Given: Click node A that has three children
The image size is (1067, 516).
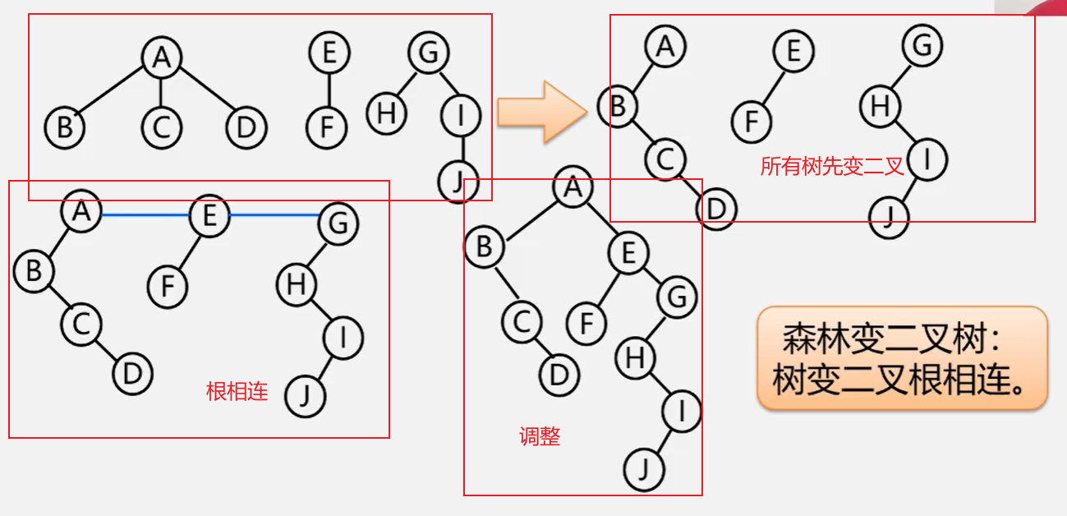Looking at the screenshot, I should pos(162,57).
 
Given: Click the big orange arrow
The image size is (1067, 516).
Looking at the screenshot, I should pos(542,111).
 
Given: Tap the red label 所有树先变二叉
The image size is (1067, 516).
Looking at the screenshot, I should pos(831,167).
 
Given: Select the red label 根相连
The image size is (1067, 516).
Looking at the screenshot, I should pos(237,391).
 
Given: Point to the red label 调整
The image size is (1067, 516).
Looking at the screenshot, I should pos(540,436).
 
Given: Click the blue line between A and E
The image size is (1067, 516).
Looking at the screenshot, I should pos(145,215).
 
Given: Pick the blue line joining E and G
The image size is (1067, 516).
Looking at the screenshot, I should pos(274,215).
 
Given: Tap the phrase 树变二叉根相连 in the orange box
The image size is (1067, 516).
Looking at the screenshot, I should pos(901,381).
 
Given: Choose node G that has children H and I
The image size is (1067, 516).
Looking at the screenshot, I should pos(429,54).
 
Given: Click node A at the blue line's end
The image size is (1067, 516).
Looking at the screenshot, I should pos(80,212).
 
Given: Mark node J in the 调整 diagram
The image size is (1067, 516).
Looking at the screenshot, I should pos(644,470).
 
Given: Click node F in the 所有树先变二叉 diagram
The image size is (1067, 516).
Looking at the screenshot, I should pos(751,122).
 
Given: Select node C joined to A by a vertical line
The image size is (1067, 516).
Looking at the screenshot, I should pos(161,127).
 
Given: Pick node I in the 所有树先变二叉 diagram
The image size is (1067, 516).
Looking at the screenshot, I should pos(927,161).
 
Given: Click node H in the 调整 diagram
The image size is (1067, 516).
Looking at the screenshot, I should pos(635,357).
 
